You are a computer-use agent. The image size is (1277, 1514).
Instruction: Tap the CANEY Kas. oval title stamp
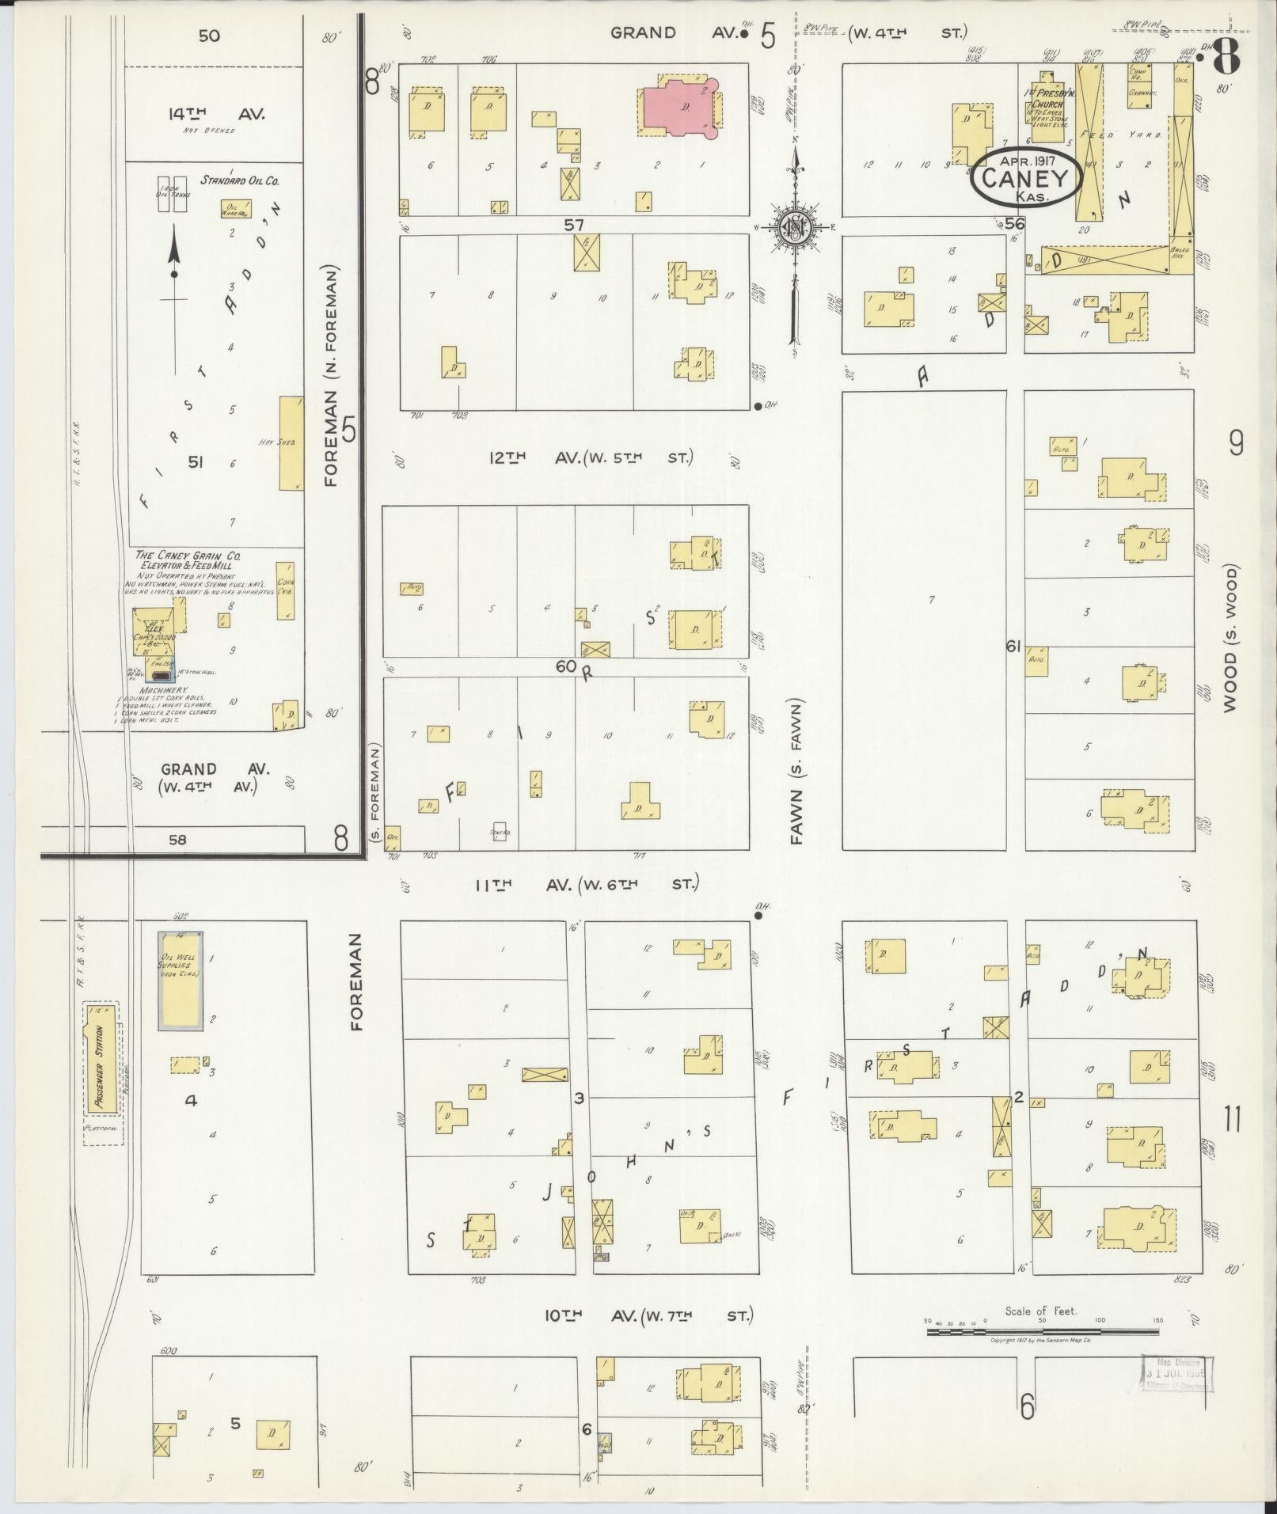coord(1026,177)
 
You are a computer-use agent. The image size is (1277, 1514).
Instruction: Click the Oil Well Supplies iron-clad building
coord(181,980)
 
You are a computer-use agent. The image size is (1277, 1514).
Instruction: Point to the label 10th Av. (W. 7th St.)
coord(648,1315)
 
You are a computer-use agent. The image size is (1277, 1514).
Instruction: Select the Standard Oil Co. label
coord(240,180)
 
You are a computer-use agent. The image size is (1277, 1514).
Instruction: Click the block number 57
coord(574,225)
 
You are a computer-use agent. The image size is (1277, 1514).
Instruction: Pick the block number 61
coord(1013,647)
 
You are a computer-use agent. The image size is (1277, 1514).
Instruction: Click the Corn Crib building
coord(285,590)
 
